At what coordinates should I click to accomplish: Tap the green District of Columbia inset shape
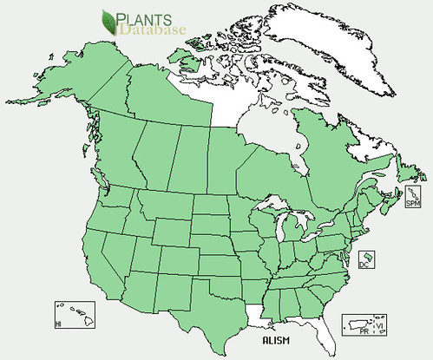point(367,259)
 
